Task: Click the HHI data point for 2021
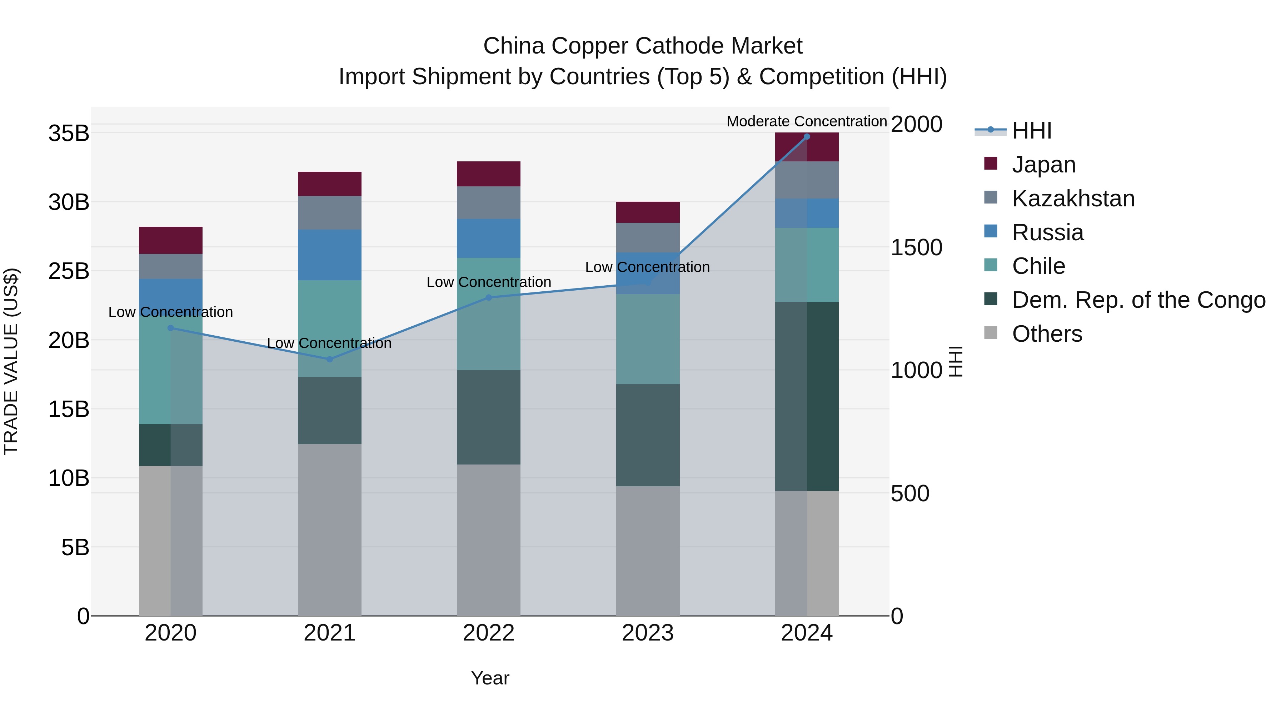[329, 359]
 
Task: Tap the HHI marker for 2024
[807, 137]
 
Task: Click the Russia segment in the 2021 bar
[329, 255]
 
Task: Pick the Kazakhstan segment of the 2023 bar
[648, 237]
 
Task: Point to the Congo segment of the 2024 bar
[807, 397]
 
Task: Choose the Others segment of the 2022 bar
[488, 540]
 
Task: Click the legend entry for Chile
[1038, 266]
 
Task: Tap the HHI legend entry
[1031, 131]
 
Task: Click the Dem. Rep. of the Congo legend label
[1138, 300]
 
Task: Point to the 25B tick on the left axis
[69, 271]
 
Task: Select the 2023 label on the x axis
[648, 633]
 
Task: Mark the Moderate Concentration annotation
[806, 121]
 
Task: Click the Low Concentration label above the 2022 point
[488, 282]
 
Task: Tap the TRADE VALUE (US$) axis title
[11, 361]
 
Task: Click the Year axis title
[490, 678]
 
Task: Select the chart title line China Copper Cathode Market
[643, 46]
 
